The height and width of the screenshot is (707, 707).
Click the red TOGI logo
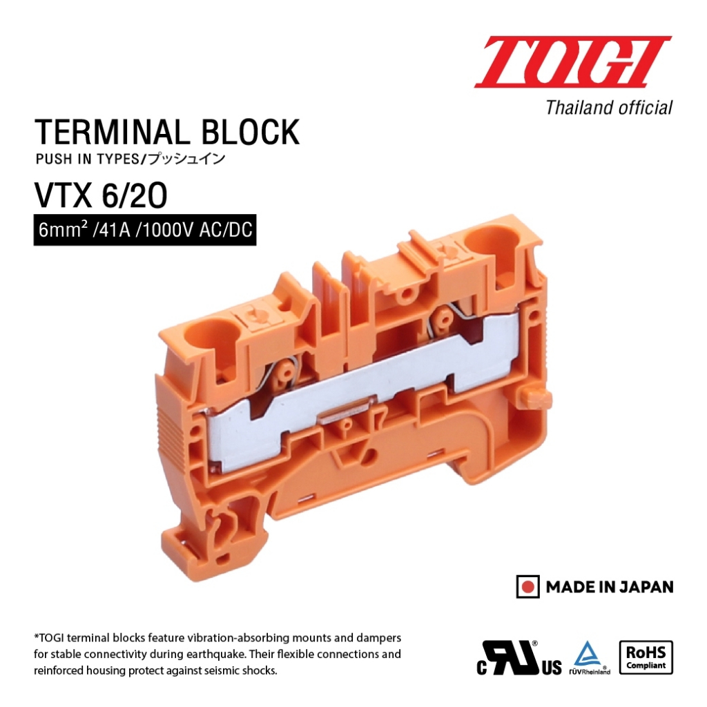[x=573, y=61]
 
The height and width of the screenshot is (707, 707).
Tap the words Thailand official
[x=609, y=108]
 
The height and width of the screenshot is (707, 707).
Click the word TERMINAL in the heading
[x=112, y=132]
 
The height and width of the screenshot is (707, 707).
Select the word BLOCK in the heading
[x=250, y=132]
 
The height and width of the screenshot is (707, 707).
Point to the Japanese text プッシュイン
[x=186, y=159]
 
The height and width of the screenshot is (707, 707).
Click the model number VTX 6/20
[x=101, y=195]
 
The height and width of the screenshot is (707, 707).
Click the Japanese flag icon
[x=527, y=587]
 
